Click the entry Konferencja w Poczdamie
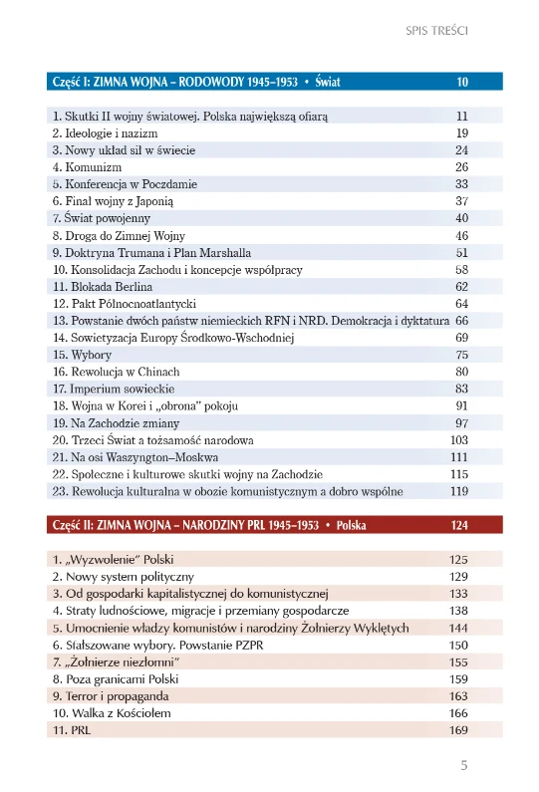pyautogui.click(x=125, y=184)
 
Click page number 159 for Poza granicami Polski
pyautogui.click(x=459, y=678)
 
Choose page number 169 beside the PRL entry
pyautogui.click(x=459, y=730)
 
